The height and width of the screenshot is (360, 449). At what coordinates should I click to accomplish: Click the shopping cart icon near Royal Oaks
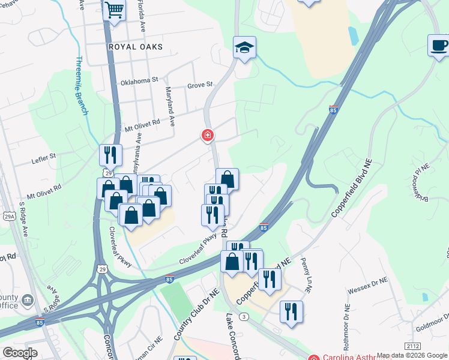(x=113, y=10)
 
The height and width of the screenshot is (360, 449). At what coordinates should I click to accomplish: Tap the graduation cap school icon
(x=244, y=47)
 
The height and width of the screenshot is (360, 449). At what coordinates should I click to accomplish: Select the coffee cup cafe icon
(x=439, y=46)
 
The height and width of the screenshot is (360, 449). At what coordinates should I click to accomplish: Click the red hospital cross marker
(x=208, y=136)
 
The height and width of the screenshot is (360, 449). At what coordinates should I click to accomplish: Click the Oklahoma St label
(x=139, y=79)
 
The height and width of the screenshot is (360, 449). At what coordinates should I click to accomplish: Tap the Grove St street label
(x=200, y=85)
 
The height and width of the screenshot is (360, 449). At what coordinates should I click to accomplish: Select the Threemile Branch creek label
(x=82, y=85)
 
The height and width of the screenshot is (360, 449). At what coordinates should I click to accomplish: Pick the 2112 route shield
(x=412, y=346)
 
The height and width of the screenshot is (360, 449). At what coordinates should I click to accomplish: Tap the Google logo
(x=20, y=353)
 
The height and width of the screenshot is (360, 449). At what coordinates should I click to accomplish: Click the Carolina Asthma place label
(x=357, y=358)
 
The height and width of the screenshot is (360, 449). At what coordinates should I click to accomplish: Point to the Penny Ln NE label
(x=306, y=275)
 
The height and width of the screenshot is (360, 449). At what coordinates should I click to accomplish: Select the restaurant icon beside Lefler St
(x=110, y=155)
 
